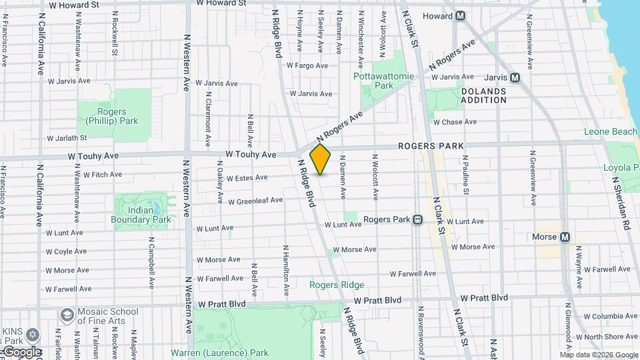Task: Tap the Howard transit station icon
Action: (461, 16)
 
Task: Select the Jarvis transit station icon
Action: (514, 77)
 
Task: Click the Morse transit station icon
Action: (565, 237)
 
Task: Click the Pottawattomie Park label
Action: (383, 81)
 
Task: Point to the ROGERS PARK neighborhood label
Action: (431, 146)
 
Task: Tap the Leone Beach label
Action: (611, 132)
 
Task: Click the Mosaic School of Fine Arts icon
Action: (67, 314)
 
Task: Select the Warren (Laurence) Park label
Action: (219, 353)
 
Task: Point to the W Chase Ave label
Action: (455, 122)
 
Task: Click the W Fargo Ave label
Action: (307, 65)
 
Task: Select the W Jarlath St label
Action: (67, 138)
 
